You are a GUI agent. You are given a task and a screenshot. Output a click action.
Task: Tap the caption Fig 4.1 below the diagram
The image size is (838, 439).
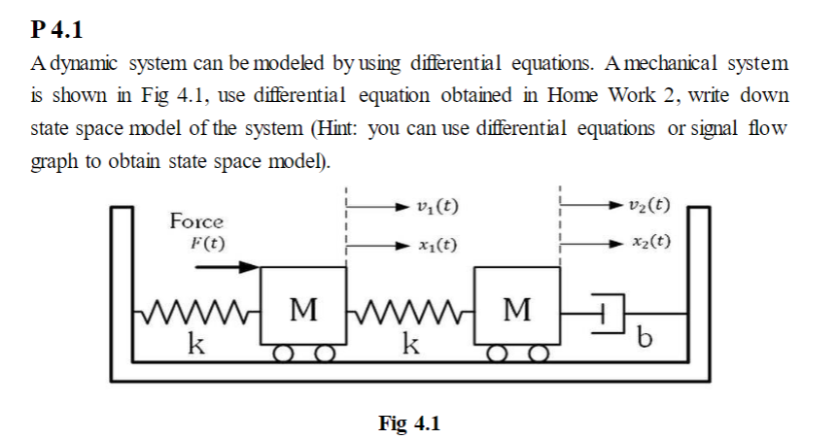click(x=408, y=423)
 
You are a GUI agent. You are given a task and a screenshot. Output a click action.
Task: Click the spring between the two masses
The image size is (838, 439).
click(x=408, y=313)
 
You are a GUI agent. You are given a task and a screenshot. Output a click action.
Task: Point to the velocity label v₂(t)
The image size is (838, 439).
click(x=649, y=207)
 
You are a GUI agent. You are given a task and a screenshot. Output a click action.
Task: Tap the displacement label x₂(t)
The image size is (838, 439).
click(x=649, y=242)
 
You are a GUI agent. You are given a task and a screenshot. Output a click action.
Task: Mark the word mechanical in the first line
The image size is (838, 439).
click(x=656, y=65)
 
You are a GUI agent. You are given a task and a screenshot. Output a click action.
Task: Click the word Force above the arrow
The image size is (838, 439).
click(x=196, y=221)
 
